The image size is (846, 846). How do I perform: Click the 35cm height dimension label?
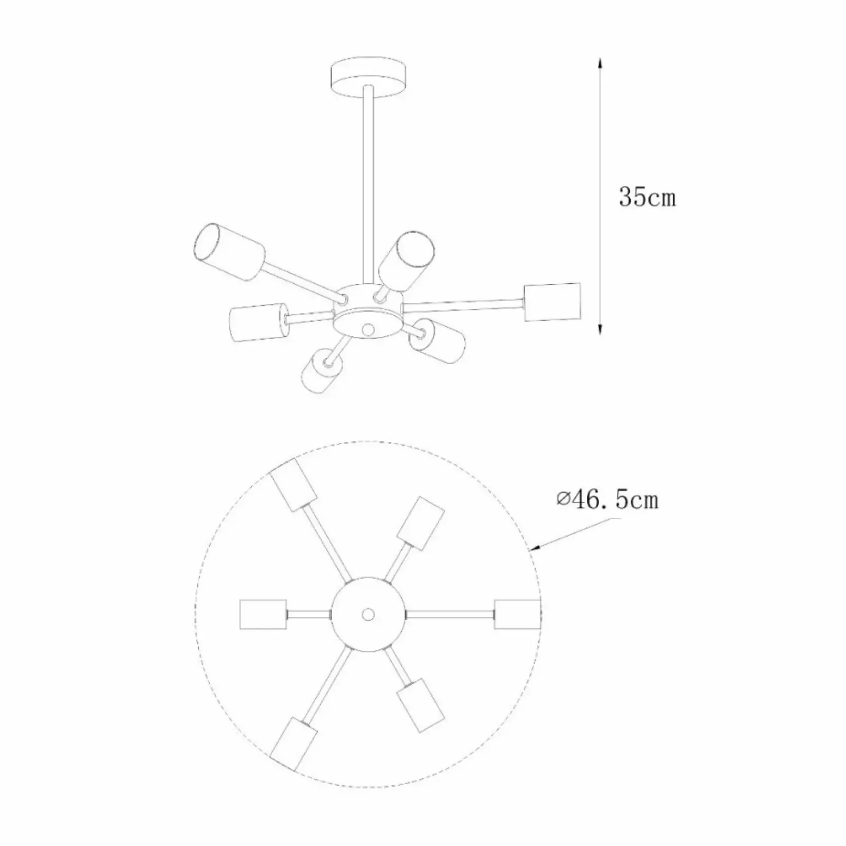pos(647,197)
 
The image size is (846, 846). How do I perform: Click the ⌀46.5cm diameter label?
pos(608,499)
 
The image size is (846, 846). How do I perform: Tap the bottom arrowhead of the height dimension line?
pos(600,328)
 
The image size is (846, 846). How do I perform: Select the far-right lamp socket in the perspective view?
pos(552,302)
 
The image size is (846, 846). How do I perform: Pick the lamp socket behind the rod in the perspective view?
pos(407,261)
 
